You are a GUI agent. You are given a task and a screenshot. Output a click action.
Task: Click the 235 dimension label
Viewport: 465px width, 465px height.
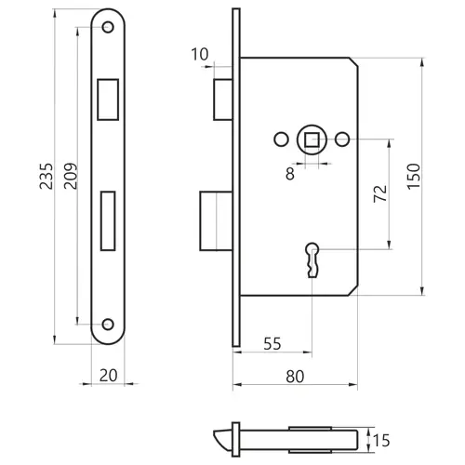[x=46, y=176]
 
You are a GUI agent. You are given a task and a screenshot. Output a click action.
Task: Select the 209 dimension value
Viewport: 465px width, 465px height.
[x=71, y=176]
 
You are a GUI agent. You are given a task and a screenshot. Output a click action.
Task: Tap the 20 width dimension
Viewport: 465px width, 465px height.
[x=108, y=376]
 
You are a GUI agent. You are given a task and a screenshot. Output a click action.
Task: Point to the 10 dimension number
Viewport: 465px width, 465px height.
[x=200, y=55]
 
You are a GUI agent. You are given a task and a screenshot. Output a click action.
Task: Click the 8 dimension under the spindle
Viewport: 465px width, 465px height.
[x=290, y=174]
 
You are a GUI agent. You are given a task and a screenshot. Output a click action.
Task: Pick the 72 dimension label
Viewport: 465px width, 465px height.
[x=380, y=193]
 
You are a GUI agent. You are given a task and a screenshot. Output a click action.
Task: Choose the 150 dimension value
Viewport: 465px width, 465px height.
[x=414, y=177]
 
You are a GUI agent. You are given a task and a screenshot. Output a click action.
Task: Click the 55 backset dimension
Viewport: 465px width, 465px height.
[x=272, y=343]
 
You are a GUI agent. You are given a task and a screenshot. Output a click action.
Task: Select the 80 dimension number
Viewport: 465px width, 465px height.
[x=295, y=377]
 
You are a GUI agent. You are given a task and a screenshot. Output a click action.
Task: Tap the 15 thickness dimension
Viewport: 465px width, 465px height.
[x=381, y=441]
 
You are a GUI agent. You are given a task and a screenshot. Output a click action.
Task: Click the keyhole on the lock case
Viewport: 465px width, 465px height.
[x=312, y=259]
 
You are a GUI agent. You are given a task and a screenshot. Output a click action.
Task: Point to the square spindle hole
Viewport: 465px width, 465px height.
[x=312, y=139]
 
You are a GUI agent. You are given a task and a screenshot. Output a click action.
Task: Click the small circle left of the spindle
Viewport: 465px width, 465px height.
[x=282, y=139]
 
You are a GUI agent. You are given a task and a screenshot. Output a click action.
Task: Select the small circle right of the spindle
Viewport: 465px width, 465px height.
[x=342, y=139]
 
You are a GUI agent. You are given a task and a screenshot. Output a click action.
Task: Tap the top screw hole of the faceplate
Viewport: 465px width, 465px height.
[x=108, y=27]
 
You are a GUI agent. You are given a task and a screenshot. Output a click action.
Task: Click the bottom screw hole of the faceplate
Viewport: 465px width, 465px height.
[x=108, y=325]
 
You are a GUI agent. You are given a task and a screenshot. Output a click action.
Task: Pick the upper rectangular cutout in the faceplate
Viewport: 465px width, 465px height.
[x=108, y=100]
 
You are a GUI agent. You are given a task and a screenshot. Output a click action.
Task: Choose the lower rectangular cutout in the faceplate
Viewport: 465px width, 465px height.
[x=108, y=220]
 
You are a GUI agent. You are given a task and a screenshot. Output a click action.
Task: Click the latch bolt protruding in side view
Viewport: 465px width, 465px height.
[x=223, y=100]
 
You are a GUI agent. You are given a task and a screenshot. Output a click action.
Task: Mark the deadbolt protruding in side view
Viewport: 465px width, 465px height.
[x=217, y=220]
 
